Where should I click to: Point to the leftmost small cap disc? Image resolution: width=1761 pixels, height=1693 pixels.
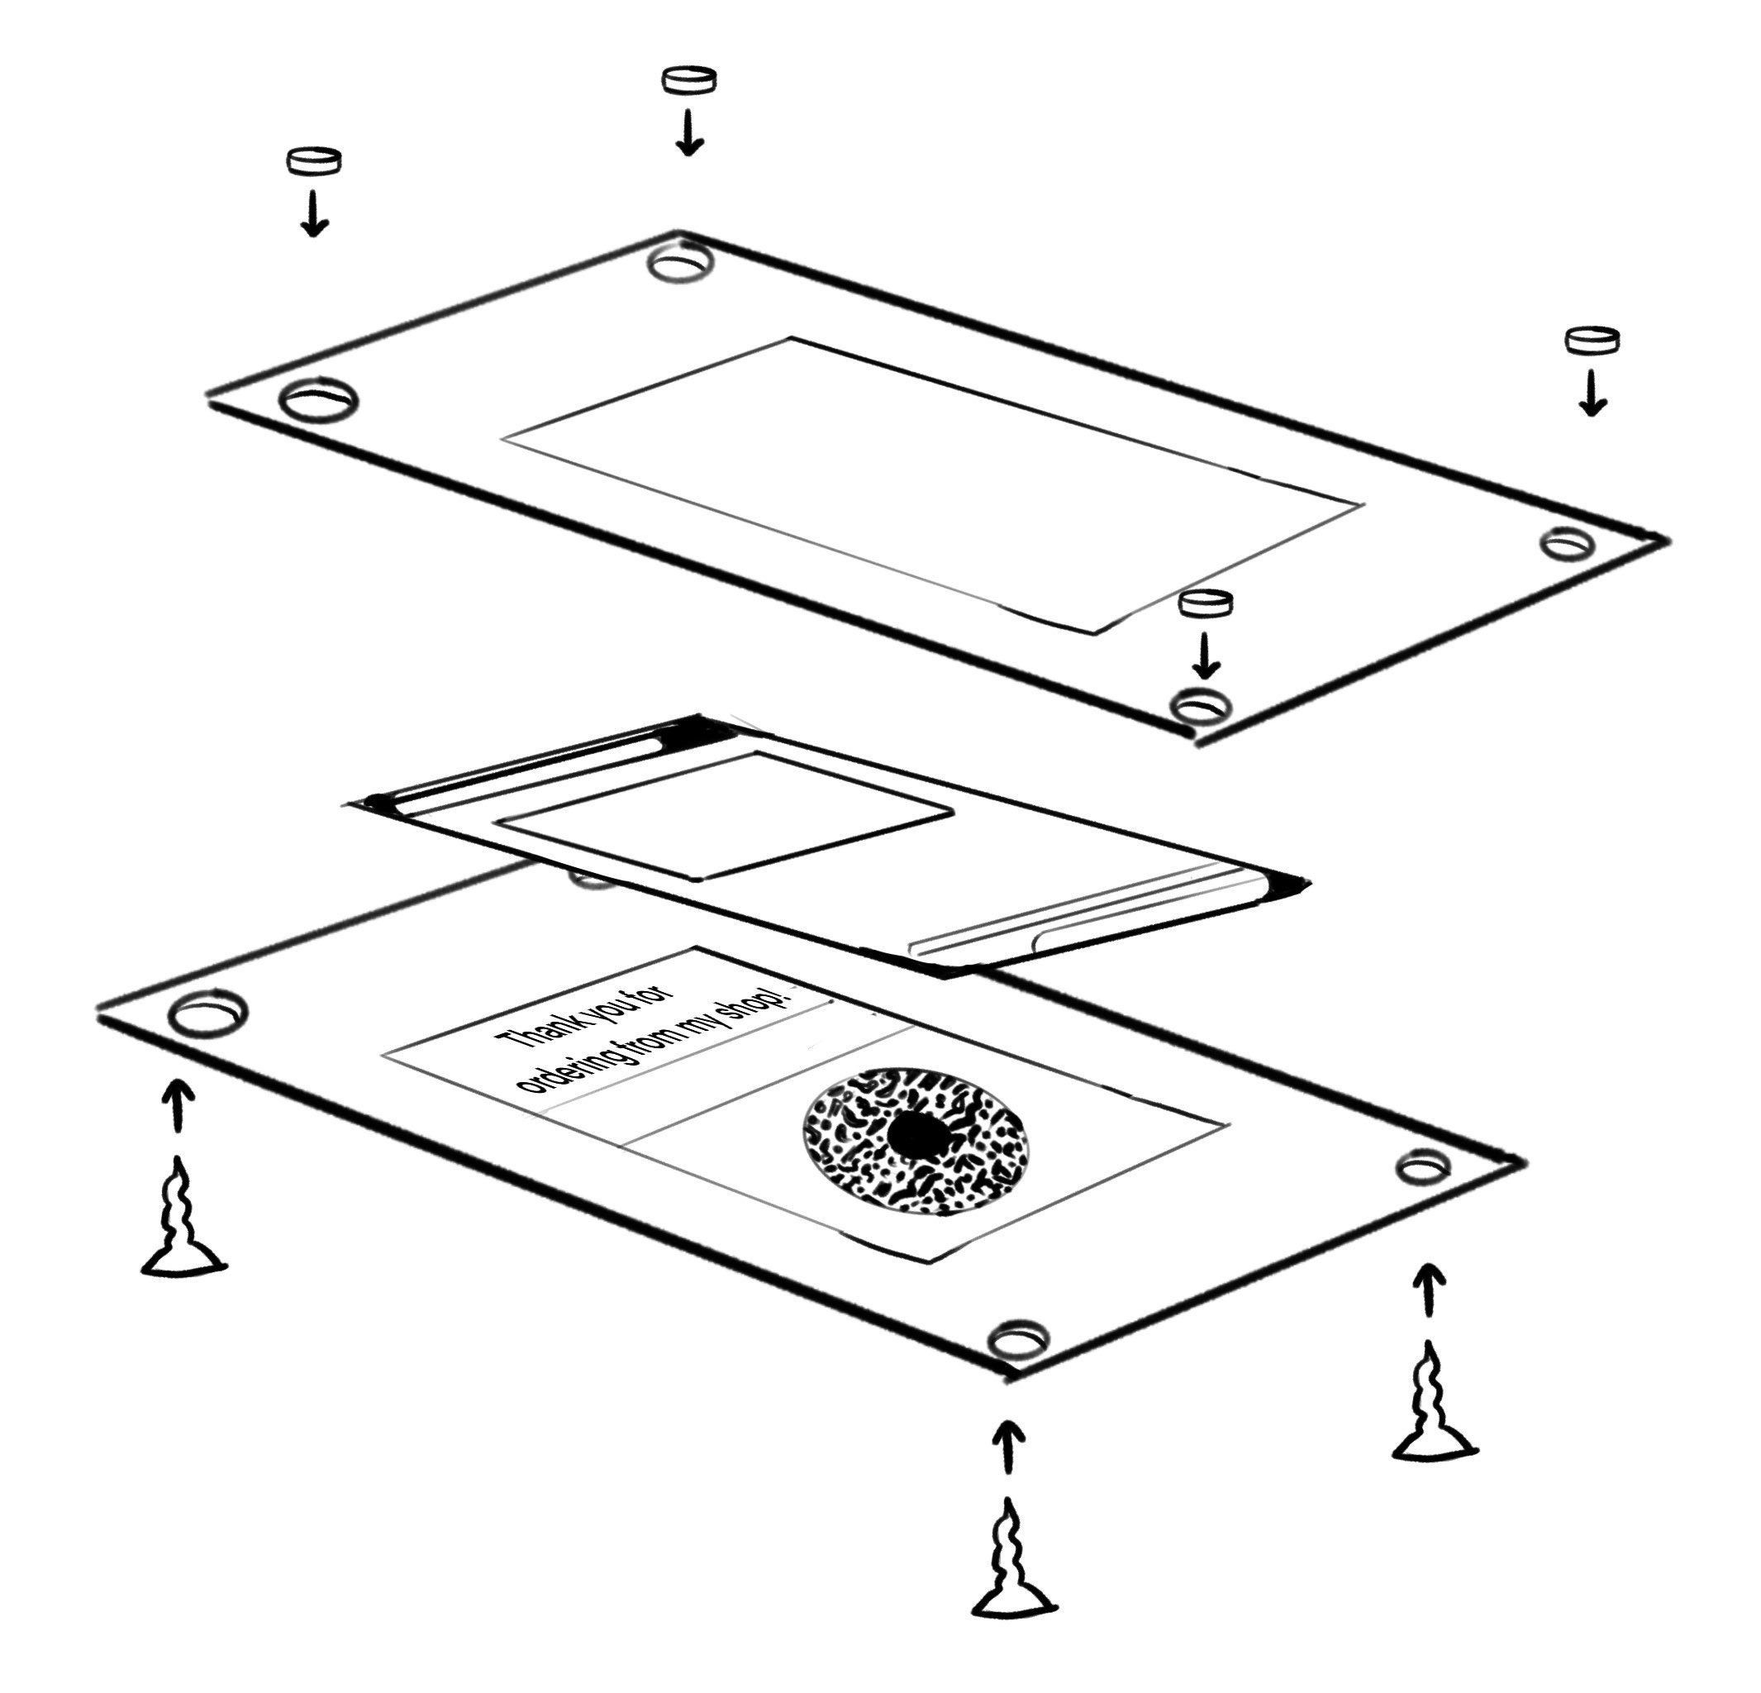(313, 161)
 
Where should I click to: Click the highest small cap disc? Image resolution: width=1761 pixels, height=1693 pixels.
(689, 79)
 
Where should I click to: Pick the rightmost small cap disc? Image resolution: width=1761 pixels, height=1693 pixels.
(1592, 340)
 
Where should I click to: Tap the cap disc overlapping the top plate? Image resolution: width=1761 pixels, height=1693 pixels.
(1206, 603)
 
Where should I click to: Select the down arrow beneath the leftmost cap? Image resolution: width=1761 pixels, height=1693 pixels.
(313, 213)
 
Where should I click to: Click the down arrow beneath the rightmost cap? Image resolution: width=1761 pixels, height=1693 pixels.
(1592, 393)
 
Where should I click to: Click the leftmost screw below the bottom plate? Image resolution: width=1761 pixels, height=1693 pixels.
(183, 1216)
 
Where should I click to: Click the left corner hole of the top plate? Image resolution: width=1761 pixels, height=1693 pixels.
(318, 400)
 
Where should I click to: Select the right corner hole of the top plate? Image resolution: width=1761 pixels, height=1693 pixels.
(1567, 543)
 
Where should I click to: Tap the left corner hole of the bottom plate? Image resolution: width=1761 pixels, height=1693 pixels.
(207, 1013)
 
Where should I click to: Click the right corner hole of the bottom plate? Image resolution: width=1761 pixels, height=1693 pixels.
(1422, 1166)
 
